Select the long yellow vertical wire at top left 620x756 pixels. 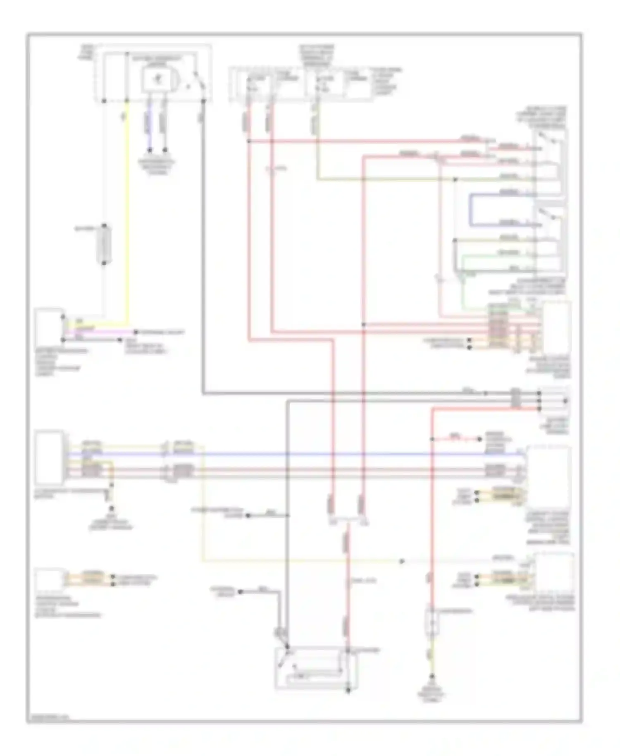pos(128,207)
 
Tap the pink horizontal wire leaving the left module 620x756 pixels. pos(99,331)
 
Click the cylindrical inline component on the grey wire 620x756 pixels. pos(104,245)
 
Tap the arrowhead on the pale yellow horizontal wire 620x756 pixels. pos(402,561)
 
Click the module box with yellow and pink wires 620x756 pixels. pos(49,322)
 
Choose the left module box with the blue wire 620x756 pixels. pos(49,457)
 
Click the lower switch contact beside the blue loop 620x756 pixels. pos(550,215)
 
